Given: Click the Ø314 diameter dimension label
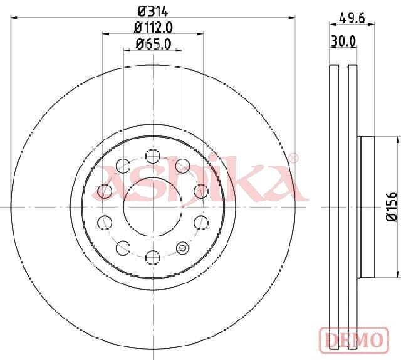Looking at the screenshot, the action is pyautogui.click(x=153, y=11).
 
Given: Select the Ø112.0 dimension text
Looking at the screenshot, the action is pyautogui.click(x=153, y=28).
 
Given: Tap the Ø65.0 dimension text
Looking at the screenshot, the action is pyautogui.click(x=153, y=44).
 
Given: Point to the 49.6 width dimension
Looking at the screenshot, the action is pyautogui.click(x=352, y=18).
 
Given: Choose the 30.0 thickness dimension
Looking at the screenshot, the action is pyautogui.click(x=343, y=41).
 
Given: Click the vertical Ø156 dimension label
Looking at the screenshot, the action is pyautogui.click(x=392, y=206).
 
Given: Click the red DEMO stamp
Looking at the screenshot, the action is pyautogui.click(x=354, y=340).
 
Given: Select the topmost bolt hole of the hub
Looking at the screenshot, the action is pyautogui.click(x=153, y=156).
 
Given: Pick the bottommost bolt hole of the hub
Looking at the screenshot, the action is pyautogui.click(x=153, y=257).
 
